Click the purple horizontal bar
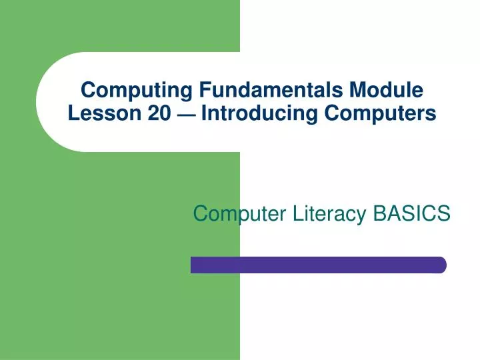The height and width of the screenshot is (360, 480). (318, 265)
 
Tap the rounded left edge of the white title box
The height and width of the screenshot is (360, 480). (39, 102)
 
